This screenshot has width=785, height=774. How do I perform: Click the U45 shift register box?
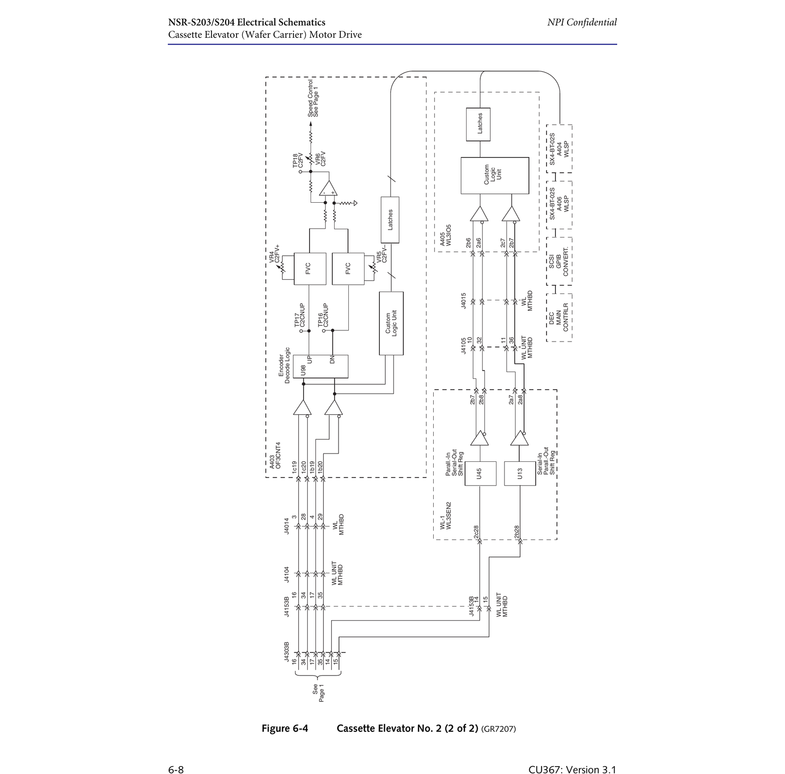click(x=480, y=473)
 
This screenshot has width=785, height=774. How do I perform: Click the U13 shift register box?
click(x=520, y=473)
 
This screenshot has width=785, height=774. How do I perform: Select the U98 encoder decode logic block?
click(x=320, y=366)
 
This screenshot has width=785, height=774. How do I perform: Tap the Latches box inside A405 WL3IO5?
click(x=478, y=124)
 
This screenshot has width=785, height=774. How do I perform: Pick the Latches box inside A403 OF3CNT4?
click(x=390, y=220)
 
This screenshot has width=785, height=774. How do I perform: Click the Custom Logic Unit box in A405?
click(x=495, y=175)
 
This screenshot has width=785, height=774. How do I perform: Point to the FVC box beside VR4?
click(x=310, y=268)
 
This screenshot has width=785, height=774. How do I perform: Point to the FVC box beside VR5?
click(x=348, y=268)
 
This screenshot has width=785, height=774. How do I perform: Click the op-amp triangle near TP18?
click(x=328, y=188)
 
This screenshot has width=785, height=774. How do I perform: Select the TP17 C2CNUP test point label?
click(x=299, y=315)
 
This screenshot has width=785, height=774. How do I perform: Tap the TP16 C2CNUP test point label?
click(x=323, y=315)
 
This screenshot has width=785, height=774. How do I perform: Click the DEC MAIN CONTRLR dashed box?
click(x=559, y=317)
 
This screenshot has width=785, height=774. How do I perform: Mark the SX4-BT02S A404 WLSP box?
click(x=559, y=149)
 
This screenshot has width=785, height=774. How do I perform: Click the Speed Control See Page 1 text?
click(x=313, y=98)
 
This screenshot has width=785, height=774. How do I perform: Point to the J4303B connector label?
click(x=287, y=652)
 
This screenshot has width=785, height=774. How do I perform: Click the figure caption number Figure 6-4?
click(x=285, y=728)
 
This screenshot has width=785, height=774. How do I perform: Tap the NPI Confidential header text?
click(x=582, y=22)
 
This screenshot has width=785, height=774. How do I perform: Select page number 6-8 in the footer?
click(x=176, y=770)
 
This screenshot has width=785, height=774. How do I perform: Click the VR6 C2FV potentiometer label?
click(x=320, y=159)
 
